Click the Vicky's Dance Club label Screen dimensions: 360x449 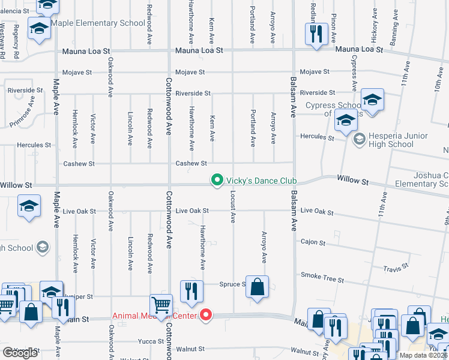pyautogui.click(x=262, y=180)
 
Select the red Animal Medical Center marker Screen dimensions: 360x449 pyautogui.click(x=206, y=314)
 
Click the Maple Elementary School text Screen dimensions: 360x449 pyautogui.click(x=98, y=23)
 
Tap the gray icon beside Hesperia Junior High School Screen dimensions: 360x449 pyautogui.click(x=360, y=140)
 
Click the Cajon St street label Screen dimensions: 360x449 pyautogui.click(x=313, y=243)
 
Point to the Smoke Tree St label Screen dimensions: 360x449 pyautogui.click(x=322, y=277)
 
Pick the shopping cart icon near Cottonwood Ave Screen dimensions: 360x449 pyautogui.click(x=161, y=306)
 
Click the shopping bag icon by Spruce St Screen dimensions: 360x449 pyautogui.click(x=257, y=287)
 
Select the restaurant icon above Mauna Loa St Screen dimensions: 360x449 pyautogui.click(x=315, y=34)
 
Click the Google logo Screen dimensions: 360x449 pyautogui.click(x=20, y=353)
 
